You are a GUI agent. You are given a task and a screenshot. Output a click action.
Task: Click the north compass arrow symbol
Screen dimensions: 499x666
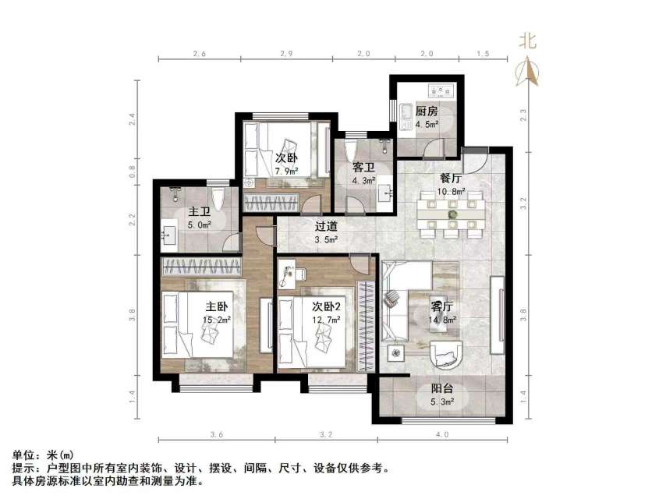point(530,72)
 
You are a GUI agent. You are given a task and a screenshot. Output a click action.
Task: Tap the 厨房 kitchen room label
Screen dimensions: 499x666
point(426,111)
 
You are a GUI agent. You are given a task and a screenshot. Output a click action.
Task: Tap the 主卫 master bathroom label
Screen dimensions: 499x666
point(198,212)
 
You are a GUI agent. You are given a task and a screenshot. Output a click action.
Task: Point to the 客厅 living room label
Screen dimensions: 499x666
point(441,306)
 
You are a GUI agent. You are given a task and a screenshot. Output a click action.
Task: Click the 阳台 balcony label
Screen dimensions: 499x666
point(441,390)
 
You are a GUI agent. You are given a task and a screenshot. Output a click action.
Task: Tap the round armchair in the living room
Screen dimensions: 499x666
point(446,356)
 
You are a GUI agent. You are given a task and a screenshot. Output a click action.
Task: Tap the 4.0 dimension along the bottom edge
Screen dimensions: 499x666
point(443,433)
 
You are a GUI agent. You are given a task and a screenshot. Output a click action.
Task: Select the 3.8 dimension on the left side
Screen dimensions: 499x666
point(133,315)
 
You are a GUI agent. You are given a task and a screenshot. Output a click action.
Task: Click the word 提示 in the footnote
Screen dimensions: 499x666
point(24,469)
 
